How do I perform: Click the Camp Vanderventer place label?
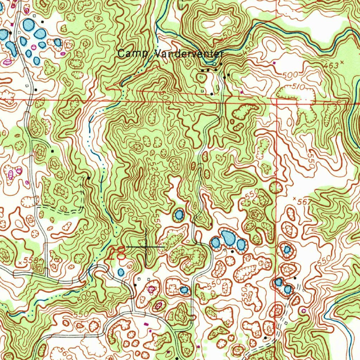[171, 54]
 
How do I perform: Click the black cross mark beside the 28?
[146, 247]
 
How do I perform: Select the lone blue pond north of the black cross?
[179, 214]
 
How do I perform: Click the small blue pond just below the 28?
[121, 272]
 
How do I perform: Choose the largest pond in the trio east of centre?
[228, 238]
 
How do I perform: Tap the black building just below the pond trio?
[232, 252]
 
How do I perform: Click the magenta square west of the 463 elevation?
[274, 63]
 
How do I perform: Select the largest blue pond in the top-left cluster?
[28, 25]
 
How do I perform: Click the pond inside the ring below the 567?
[287, 250]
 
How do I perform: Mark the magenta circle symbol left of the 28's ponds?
[152, 289]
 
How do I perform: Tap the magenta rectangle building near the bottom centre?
[146, 323]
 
